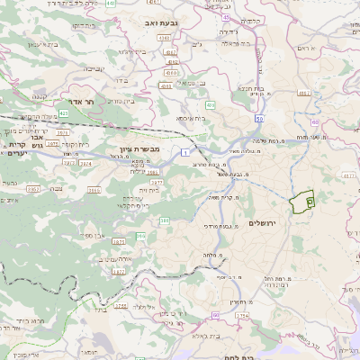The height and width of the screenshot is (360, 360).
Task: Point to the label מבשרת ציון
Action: tap(139, 149)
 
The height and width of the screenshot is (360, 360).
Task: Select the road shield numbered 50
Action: tap(259, 118)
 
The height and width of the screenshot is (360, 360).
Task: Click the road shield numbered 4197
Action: tap(303, 92)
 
